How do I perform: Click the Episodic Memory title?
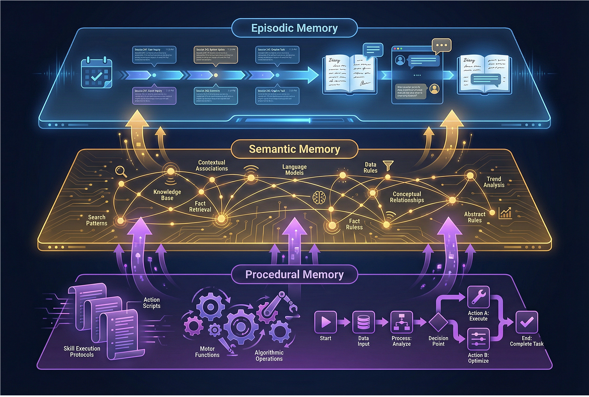coord(294,28)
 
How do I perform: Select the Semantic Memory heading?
coord(294,149)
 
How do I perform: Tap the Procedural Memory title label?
coord(294,275)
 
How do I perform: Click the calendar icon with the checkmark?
coord(97,73)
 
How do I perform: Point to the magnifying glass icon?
coord(121,172)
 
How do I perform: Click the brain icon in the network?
coord(319,197)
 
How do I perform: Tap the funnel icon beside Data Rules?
coord(388,165)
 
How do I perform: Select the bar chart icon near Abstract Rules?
coord(505,213)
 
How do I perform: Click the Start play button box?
coord(326,322)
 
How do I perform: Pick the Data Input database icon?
coord(363,322)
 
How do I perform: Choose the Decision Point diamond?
coord(439,322)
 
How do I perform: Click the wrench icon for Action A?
coord(478,297)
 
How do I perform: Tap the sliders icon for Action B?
coord(478,339)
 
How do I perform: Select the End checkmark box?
coord(526,322)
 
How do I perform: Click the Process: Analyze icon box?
coord(401,322)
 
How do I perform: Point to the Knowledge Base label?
coord(167,195)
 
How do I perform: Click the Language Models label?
coord(294,170)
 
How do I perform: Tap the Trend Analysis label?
coord(494,182)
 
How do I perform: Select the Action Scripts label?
coord(152,303)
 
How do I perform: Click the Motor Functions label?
coord(207,352)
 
